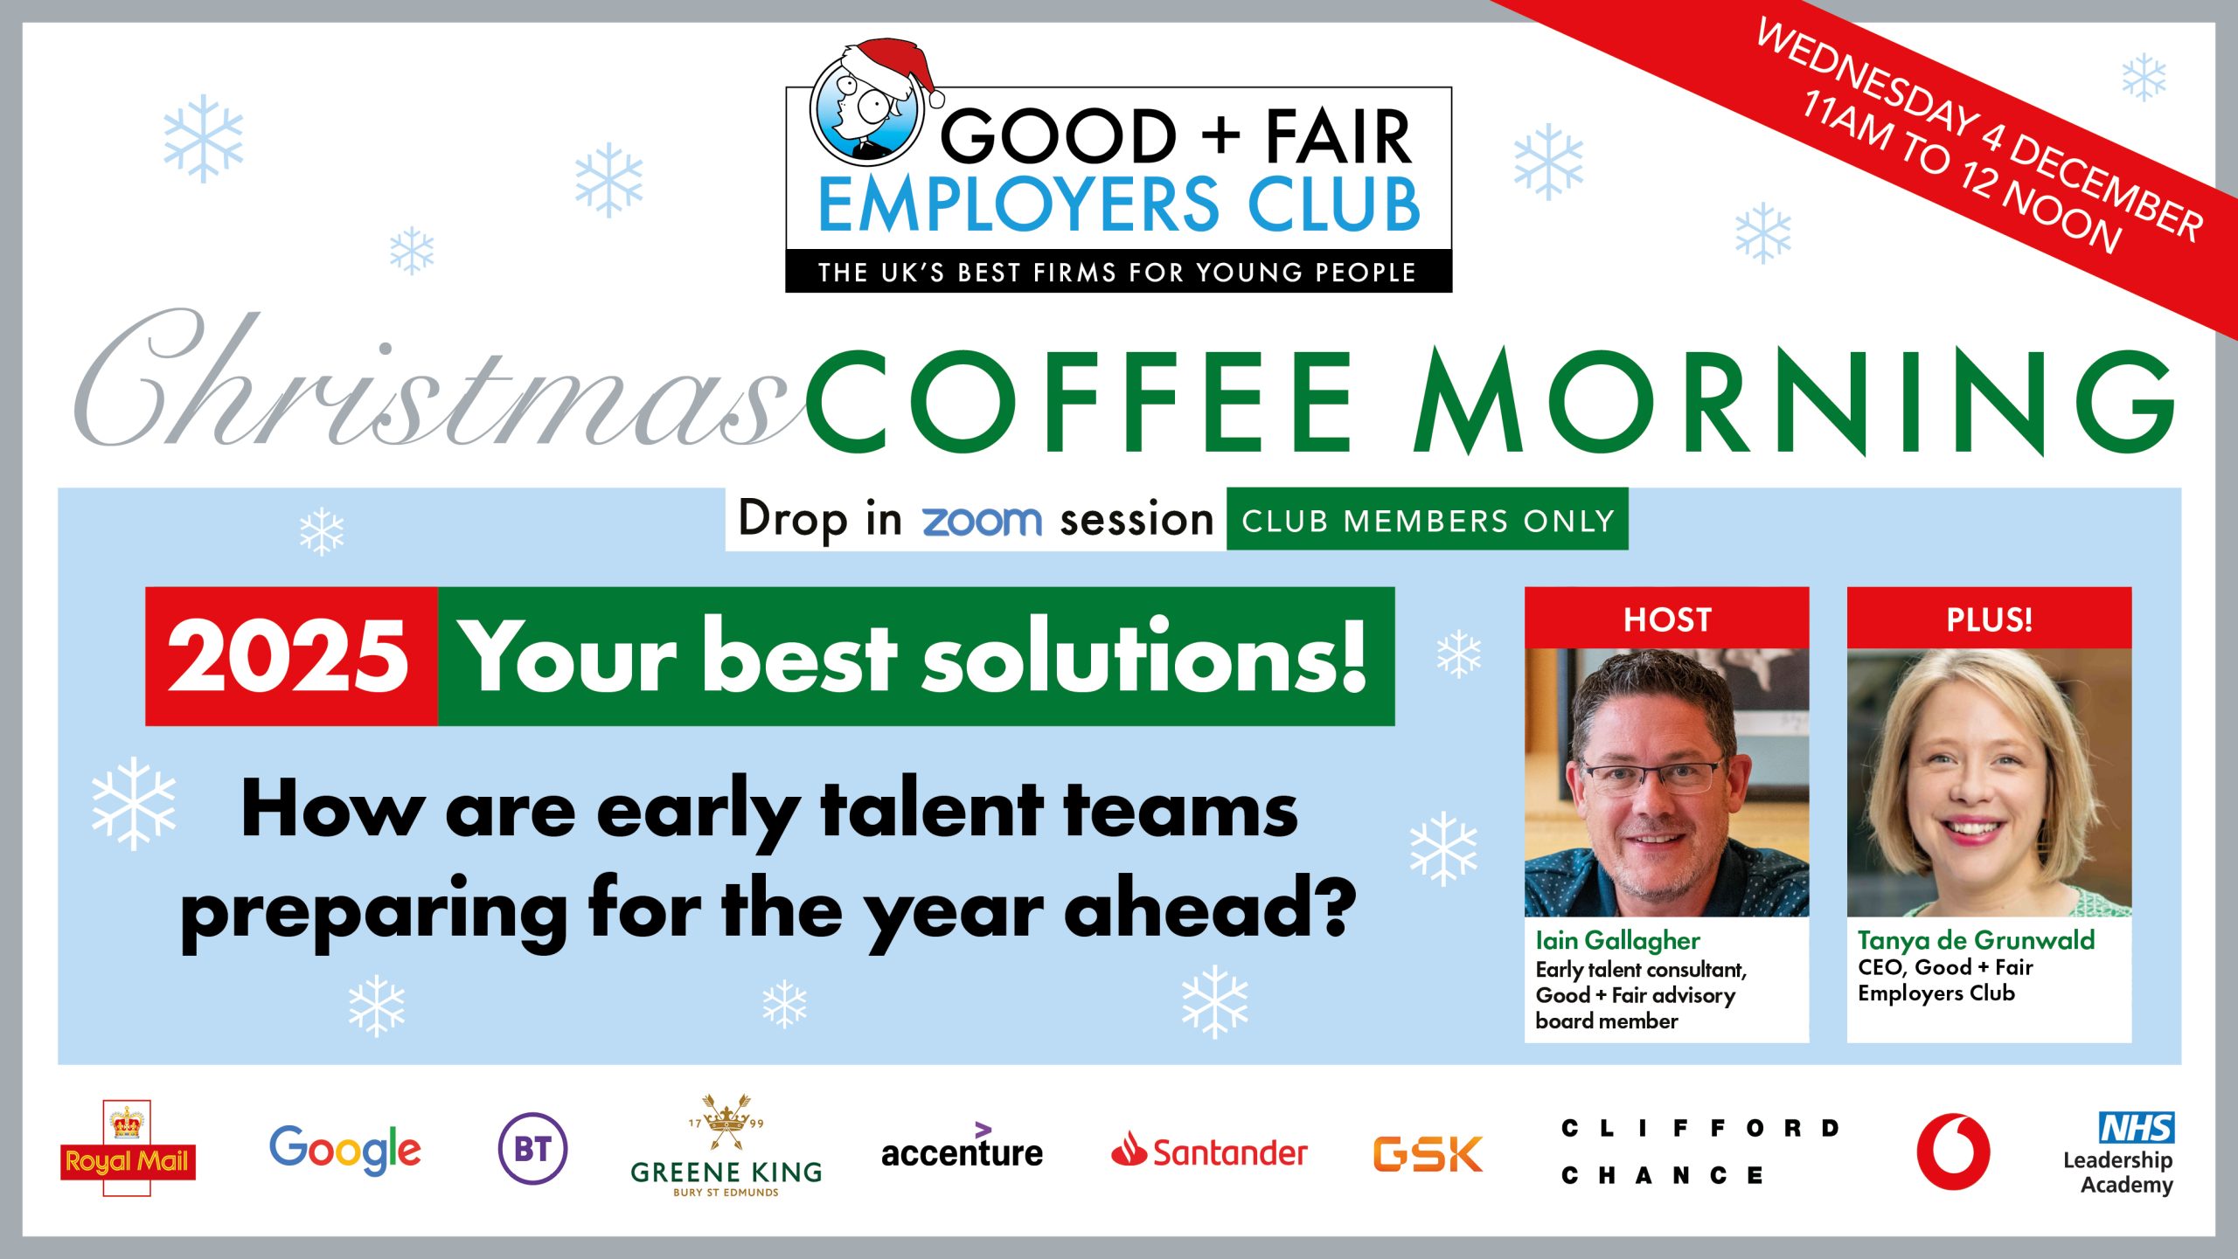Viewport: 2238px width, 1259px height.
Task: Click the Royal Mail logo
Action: (128, 1148)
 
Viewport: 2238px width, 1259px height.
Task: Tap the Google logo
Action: (345, 1150)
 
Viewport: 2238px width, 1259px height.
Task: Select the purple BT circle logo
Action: (532, 1149)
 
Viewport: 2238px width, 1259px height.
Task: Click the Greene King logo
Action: (726, 1146)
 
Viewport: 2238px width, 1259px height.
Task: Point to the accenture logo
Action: (962, 1146)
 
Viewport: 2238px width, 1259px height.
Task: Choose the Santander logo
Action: (1209, 1151)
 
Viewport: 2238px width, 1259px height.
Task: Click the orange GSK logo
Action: (1428, 1153)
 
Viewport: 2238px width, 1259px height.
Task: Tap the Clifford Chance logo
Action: (1700, 1152)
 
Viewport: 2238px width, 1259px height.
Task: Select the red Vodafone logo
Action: (1953, 1151)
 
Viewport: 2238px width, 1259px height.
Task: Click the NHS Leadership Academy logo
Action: (2119, 1153)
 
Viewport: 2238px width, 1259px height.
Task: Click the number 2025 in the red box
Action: (288, 657)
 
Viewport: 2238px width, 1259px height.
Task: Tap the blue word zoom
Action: (982, 522)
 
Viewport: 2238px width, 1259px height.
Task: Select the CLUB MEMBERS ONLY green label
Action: (1428, 520)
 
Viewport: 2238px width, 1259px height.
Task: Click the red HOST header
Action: (1667, 619)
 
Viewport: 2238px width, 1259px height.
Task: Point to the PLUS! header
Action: (1989, 619)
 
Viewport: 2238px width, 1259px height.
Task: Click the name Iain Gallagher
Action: (1617, 941)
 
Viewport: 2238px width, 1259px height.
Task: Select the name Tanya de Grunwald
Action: (1976, 940)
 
